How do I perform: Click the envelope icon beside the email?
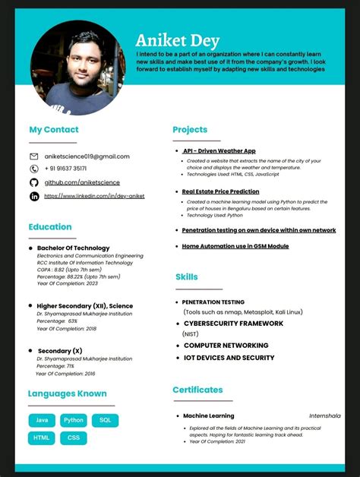(x=34, y=156)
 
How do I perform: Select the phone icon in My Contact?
(x=34, y=169)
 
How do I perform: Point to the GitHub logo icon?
(x=34, y=183)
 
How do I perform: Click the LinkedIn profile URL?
(x=94, y=196)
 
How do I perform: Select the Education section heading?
(x=50, y=226)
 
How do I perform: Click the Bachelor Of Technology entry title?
(x=73, y=248)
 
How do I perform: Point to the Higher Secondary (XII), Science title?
(x=84, y=306)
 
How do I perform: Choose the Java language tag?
(x=42, y=420)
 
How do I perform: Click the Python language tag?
(x=74, y=420)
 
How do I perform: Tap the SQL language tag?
(x=105, y=420)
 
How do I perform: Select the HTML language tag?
(x=42, y=438)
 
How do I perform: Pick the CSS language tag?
(x=74, y=438)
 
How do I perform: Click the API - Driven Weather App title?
(x=219, y=151)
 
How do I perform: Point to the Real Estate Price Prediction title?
(x=221, y=192)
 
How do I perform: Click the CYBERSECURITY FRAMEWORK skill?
(x=233, y=324)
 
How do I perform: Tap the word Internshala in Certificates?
(x=324, y=416)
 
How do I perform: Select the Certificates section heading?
(x=197, y=390)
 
